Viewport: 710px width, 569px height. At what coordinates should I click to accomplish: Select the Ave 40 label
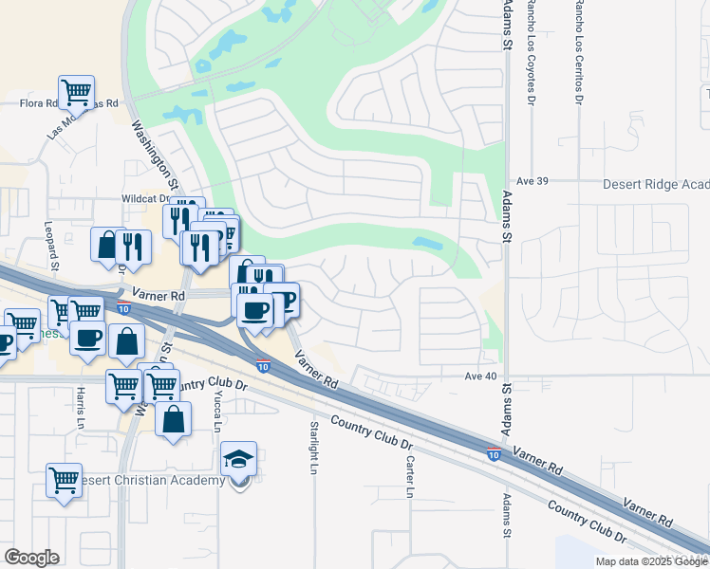[x=481, y=376]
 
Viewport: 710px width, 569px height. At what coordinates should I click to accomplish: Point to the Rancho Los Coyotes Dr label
[x=532, y=52]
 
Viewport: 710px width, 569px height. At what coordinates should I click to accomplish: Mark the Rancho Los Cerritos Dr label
[x=577, y=52]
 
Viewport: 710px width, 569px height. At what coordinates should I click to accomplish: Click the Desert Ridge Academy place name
[x=656, y=185]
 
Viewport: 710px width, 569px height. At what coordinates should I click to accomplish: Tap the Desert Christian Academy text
[x=152, y=480]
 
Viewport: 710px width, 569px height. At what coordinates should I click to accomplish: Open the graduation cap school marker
[x=238, y=461]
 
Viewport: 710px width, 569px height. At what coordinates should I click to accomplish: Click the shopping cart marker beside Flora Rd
[x=76, y=92]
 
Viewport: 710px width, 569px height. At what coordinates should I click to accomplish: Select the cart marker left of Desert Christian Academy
[x=64, y=480]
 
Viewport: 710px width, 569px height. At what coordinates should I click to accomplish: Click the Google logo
[x=31, y=558]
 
